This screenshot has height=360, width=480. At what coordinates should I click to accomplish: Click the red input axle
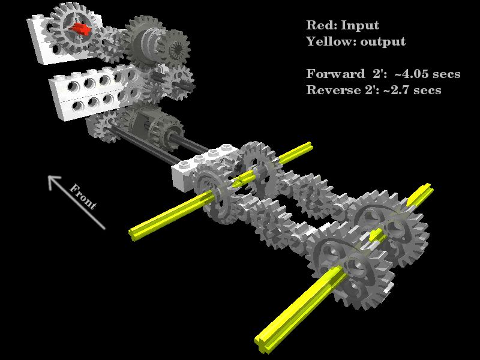pyautogui.click(x=80, y=29)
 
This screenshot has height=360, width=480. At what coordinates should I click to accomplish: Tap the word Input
pyautogui.click(x=361, y=26)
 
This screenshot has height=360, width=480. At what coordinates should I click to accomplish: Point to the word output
pyautogui.click(x=383, y=42)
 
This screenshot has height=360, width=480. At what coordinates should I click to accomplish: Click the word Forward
pyautogui.click(x=336, y=74)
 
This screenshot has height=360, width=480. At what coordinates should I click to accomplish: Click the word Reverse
pyautogui.click(x=334, y=90)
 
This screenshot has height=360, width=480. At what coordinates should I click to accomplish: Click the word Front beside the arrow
pyautogui.click(x=83, y=197)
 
